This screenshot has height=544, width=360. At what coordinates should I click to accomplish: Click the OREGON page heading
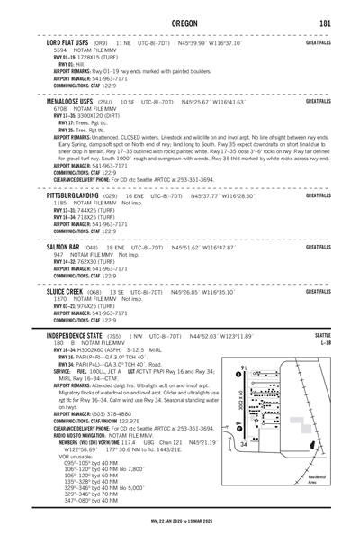179,22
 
